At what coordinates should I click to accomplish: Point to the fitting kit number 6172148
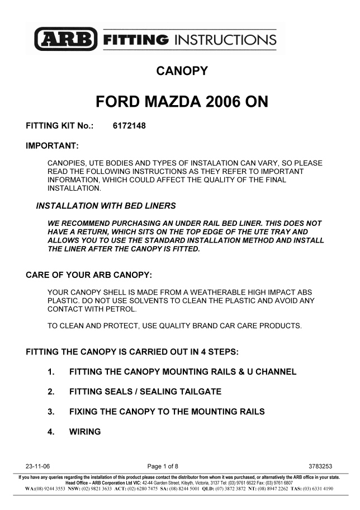129,126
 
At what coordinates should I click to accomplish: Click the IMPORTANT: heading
52,147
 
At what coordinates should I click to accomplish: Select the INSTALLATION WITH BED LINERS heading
106,206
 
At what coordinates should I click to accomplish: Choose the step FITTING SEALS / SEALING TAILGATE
145,392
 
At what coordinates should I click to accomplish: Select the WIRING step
85,432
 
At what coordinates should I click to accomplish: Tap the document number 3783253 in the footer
321,466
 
